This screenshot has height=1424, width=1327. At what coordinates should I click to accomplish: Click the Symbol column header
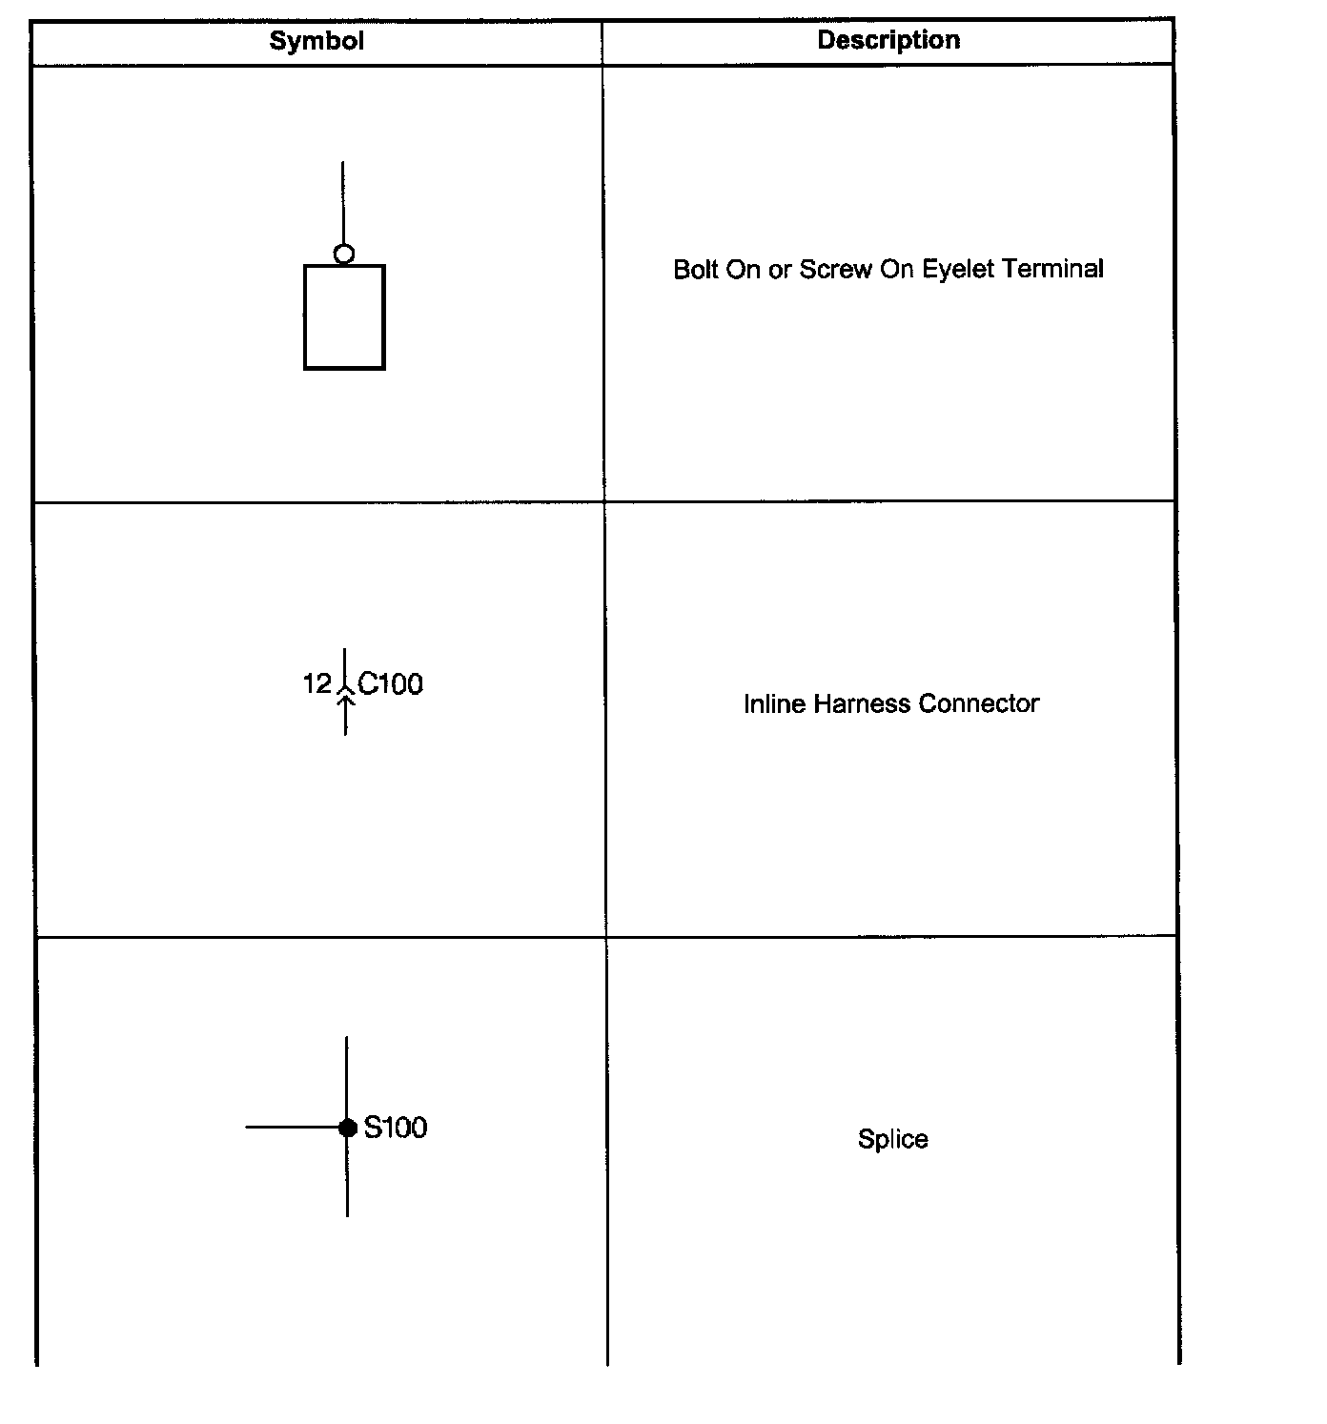316,41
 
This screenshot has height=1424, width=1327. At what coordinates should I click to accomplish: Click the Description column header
888,40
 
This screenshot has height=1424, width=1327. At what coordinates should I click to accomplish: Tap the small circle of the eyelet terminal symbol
344,254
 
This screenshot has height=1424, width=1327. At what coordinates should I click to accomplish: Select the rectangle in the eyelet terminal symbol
344,317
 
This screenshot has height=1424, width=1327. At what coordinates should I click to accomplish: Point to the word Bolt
696,270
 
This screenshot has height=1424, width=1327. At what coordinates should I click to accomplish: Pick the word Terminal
1053,270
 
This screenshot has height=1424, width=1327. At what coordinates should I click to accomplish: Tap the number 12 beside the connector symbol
316,683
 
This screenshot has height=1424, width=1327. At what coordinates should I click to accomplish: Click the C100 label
391,683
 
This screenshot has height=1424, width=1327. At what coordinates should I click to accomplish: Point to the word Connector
979,704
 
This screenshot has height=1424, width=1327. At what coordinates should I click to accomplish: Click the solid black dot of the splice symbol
348,1128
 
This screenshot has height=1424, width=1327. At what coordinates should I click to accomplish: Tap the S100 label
396,1128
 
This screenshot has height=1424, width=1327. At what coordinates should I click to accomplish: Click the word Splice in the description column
892,1139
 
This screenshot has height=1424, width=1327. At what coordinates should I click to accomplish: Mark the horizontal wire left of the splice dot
291,1128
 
